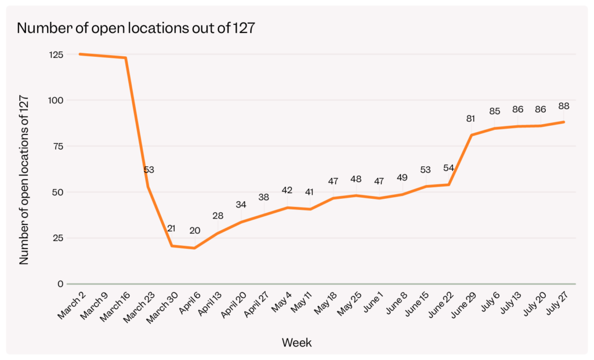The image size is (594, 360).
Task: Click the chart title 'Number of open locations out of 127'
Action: (x=135, y=28)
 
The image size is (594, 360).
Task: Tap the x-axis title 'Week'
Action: (x=296, y=343)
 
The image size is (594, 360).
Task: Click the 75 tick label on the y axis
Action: (x=57, y=147)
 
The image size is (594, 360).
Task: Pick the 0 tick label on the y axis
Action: (x=60, y=284)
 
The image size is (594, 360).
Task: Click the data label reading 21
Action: (x=171, y=228)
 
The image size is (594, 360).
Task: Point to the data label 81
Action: (x=471, y=119)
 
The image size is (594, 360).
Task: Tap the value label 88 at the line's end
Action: (x=563, y=106)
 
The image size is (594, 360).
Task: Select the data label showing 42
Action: (x=287, y=190)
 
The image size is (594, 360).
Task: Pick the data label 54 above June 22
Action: (x=448, y=168)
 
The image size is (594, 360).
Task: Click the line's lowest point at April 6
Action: (x=194, y=248)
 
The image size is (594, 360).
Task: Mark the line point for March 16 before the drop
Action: (x=125, y=58)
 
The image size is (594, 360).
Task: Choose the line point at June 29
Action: (x=471, y=135)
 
